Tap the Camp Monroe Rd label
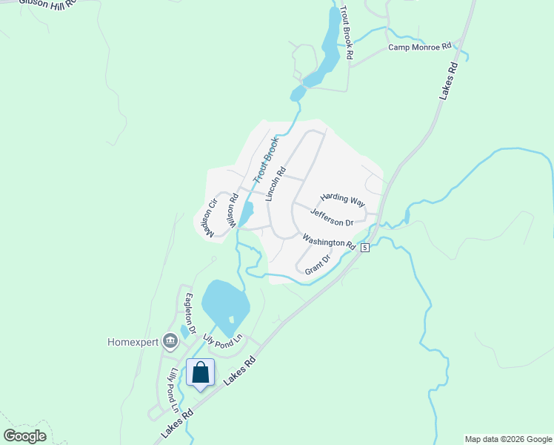[x=420, y=47]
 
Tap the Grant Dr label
[x=317, y=266]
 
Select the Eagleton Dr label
[x=190, y=313]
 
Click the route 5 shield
[x=365, y=248]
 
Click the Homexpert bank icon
[x=170, y=341]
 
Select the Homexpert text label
[x=133, y=342]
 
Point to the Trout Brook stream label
[x=266, y=159]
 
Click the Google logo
[x=24, y=436]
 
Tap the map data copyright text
[x=508, y=439]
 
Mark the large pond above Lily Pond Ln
[x=225, y=304]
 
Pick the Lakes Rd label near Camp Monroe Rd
[x=448, y=80]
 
